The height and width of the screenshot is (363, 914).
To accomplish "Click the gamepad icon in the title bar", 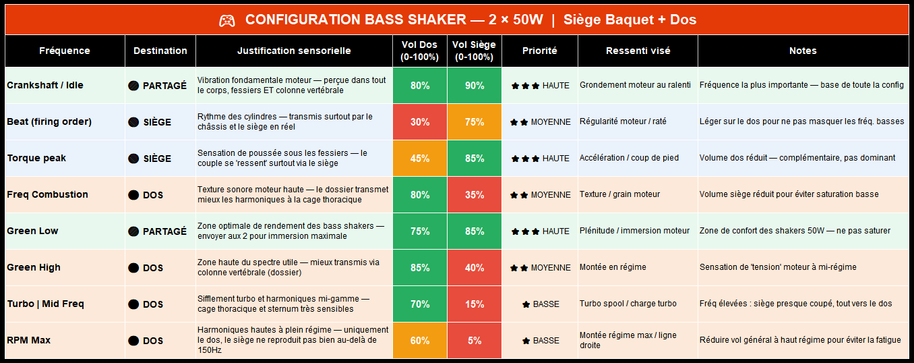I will click(227, 20).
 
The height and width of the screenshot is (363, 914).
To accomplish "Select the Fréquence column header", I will click(65, 51).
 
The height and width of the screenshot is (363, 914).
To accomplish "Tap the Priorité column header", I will click(539, 51).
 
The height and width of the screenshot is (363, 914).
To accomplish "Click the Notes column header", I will click(803, 51).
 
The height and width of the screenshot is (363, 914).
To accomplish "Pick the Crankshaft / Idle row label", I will click(46, 86).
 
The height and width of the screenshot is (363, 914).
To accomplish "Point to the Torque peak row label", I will click(36, 159).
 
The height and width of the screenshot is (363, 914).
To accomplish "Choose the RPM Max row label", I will click(29, 341).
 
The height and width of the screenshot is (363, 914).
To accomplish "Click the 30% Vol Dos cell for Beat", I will click(419, 122).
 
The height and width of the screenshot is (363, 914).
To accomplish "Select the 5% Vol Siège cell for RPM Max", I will click(474, 341).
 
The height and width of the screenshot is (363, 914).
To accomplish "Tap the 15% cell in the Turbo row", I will click(474, 304).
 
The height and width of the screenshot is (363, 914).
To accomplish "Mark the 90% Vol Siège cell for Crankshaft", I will click(474, 86).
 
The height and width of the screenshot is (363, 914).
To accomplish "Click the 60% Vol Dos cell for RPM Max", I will click(419, 341).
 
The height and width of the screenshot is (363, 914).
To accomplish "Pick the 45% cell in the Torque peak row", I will click(419, 159).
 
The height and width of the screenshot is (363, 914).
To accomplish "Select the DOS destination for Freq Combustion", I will click(146, 195).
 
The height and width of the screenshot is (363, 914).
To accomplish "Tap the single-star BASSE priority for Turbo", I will click(541, 304).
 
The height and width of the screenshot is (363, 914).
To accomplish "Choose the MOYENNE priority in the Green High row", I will click(541, 268).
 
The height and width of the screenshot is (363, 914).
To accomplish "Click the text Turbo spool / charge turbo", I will click(628, 304).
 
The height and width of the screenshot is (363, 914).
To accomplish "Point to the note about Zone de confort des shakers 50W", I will click(795, 231).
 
